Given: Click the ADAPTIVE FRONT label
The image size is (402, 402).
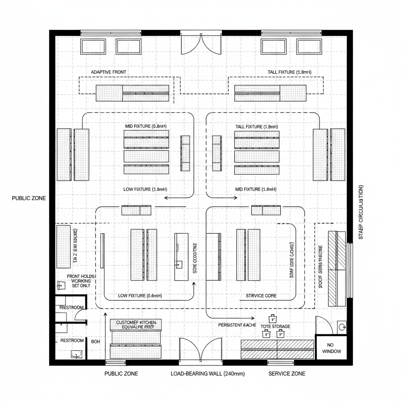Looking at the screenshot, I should (108, 72).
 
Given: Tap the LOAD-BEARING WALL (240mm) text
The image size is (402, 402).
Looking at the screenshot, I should (208, 374).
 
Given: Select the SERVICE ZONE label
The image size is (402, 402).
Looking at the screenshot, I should (287, 374).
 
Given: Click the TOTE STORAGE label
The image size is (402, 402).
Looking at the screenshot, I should (276, 326).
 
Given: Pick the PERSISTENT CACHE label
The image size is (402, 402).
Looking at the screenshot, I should (237, 325).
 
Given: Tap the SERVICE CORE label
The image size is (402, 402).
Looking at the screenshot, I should (261, 296).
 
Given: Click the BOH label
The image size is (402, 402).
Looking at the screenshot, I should (96, 342).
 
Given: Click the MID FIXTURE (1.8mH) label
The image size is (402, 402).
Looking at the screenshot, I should (256, 189).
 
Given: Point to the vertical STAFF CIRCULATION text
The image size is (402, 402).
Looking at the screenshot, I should (361, 212).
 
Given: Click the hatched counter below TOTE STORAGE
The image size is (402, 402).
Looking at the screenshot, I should (277, 349).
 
